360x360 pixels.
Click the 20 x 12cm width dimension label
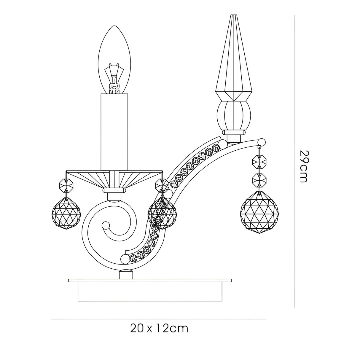pos(159,329)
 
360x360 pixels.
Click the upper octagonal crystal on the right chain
pos(260,162)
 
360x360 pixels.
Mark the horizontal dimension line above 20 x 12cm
pos(158,319)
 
